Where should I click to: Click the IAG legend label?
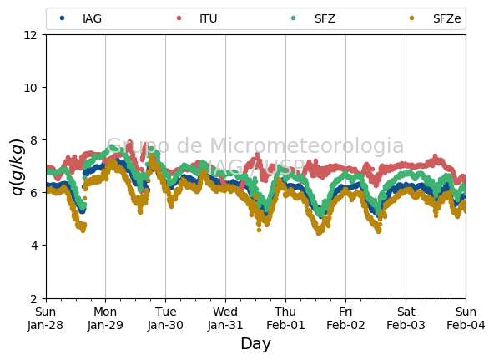92,18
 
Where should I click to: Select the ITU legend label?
208,18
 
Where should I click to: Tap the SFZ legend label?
325,18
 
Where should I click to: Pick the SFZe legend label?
446,18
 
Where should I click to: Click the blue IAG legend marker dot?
63,18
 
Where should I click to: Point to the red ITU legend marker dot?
179,18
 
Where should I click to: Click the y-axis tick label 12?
31,35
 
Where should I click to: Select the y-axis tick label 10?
31,88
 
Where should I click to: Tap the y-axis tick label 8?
33,140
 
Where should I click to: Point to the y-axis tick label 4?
33,246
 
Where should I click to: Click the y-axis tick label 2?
33,298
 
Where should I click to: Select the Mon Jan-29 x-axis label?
105,318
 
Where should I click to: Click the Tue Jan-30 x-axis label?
165,318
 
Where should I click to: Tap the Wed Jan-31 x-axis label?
225,318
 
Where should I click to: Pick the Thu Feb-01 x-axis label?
285,318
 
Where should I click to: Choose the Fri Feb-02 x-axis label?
345,318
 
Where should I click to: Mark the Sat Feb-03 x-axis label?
406,318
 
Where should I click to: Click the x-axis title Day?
256,344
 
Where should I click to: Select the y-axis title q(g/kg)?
18,167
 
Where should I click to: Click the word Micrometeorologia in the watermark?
306,145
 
